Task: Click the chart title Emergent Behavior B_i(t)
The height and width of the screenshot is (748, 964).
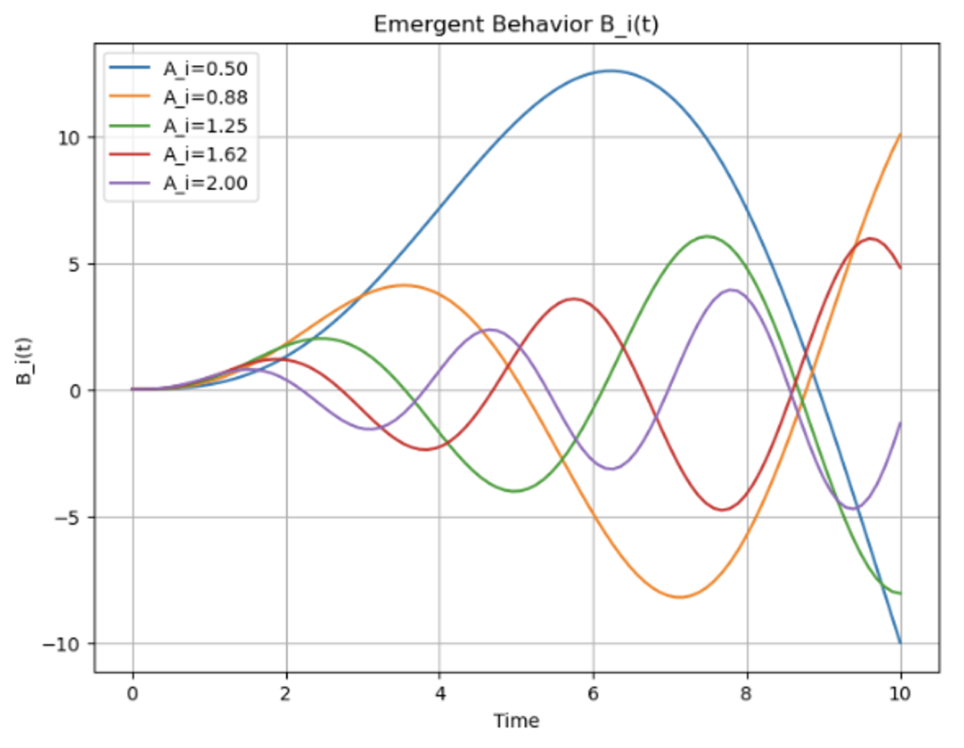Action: (x=516, y=25)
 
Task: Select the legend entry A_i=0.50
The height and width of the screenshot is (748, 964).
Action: (x=205, y=69)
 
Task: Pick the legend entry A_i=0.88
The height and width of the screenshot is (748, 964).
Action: (x=205, y=97)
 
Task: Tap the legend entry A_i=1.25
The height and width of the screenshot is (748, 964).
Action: (x=205, y=126)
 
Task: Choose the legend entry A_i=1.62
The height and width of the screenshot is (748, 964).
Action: (x=205, y=155)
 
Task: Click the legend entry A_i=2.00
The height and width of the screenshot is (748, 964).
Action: (x=205, y=183)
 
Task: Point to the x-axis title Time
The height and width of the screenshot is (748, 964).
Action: (x=516, y=721)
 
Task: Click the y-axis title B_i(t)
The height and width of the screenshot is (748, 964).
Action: (x=25, y=360)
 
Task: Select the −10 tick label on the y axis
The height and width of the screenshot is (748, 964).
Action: (x=64, y=645)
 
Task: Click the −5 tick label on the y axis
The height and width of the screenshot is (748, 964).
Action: (x=67, y=518)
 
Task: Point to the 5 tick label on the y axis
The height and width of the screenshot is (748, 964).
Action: (x=75, y=264)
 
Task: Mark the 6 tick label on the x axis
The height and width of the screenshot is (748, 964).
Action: (x=593, y=694)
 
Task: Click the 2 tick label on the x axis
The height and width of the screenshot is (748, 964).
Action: (x=287, y=694)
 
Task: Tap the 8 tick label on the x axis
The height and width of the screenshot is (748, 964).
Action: (x=746, y=694)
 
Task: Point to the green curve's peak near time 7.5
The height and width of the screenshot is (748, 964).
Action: (x=707, y=236)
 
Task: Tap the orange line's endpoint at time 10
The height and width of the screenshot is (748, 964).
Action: (x=900, y=135)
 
